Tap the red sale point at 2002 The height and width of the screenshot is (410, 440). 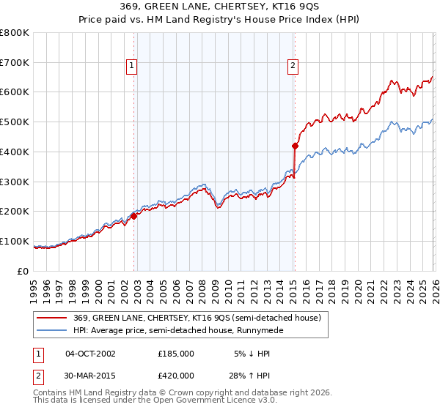(x=134, y=216)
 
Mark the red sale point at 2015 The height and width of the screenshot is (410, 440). (x=295, y=145)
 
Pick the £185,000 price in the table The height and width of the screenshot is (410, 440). (x=176, y=353)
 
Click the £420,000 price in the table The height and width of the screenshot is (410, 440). (x=176, y=378)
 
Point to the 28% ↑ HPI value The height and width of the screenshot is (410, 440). (x=254, y=378)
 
